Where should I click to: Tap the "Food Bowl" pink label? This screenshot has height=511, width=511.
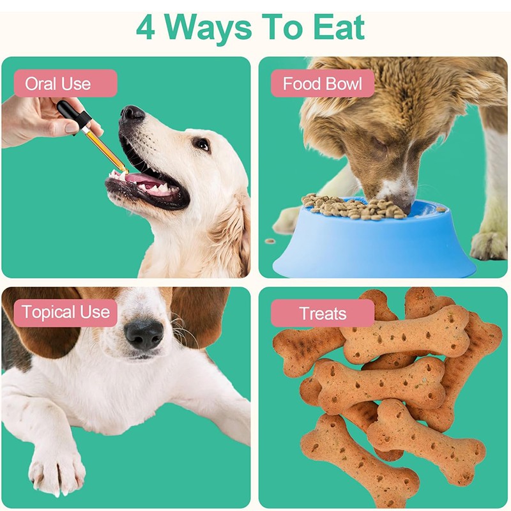[323, 84]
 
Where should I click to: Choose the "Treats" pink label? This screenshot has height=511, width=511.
[323, 314]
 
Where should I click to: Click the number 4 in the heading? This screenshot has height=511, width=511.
[146, 27]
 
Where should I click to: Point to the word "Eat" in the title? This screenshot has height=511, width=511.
[339, 27]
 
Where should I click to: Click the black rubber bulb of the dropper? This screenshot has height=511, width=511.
[70, 114]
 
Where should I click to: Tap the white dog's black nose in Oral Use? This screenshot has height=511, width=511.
[132, 115]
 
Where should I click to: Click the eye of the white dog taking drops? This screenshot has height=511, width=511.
[202, 144]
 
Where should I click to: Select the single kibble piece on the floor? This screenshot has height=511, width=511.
[270, 241]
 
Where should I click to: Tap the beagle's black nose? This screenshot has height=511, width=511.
[144, 333]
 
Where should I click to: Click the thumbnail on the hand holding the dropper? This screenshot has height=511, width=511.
[72, 126]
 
